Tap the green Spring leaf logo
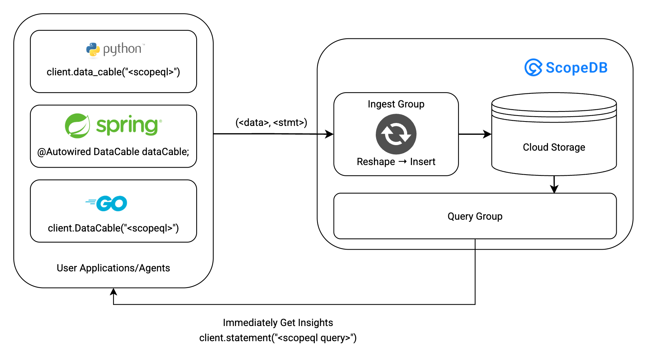77,126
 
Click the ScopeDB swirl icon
533,68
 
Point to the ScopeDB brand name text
576,68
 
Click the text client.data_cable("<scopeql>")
113,72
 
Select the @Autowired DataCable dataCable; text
113,152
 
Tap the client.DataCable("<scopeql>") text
113,228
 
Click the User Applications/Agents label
113,268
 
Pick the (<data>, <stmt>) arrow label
271,123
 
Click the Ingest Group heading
396,104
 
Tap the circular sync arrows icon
396,134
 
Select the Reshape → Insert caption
396,162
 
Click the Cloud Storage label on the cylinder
554,147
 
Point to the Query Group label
475,216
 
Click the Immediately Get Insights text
278,323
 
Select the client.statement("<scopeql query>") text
278,338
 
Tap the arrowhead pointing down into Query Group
554,189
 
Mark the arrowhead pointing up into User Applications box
113,292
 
